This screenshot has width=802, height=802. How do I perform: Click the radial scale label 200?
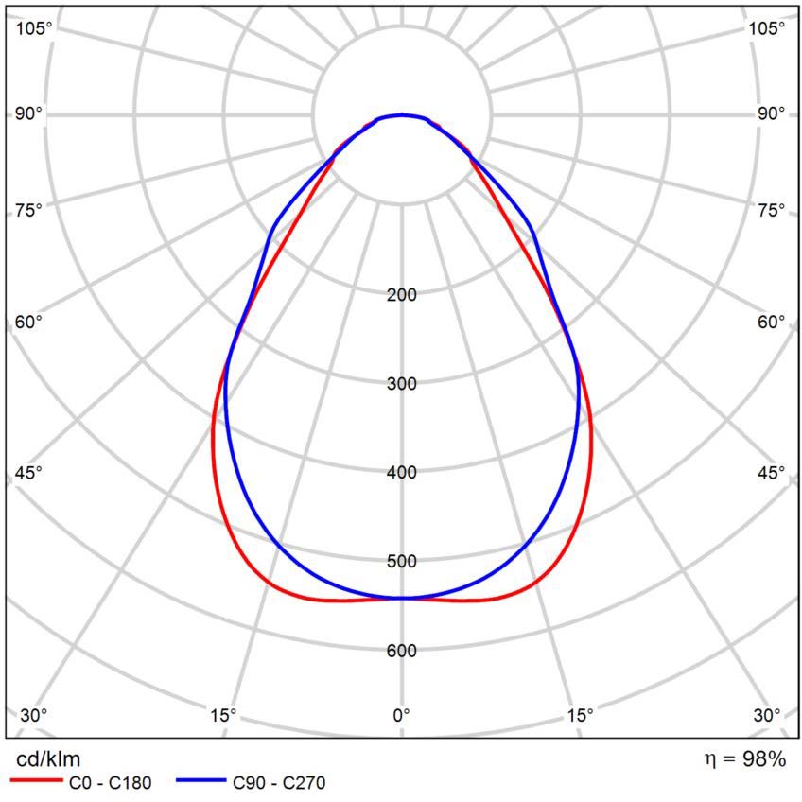402,295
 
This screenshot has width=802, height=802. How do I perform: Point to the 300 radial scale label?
402,384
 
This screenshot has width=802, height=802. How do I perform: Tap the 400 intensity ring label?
402,473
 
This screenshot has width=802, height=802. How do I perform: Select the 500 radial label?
402,562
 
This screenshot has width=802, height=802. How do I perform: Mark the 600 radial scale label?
402,651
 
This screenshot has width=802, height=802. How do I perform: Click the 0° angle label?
402,714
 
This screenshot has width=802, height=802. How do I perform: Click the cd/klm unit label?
49,758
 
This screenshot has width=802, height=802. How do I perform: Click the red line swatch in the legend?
34,783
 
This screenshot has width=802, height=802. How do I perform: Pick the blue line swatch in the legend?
201,783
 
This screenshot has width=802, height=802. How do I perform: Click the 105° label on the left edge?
34,28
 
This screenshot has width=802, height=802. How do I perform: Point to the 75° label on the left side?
29,210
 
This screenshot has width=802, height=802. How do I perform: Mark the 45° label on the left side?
29,473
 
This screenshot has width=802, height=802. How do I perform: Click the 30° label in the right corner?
766,714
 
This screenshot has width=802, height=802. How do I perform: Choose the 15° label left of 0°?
223,714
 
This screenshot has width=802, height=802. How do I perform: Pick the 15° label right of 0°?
580,714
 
